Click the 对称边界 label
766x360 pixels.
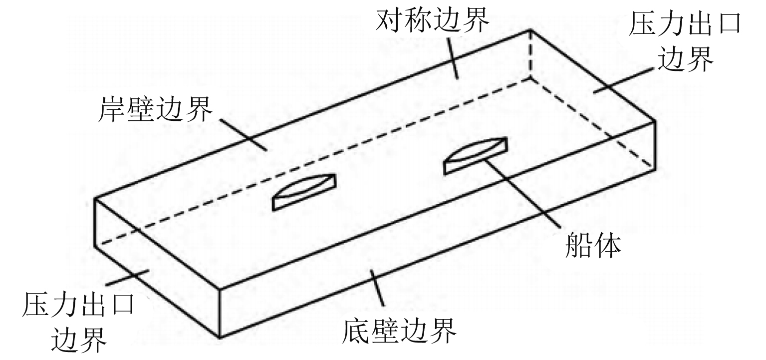(x=432, y=21)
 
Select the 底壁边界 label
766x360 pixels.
(x=399, y=329)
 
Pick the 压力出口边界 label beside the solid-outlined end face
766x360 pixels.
(x=78, y=320)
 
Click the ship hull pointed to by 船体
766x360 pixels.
(x=476, y=156)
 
